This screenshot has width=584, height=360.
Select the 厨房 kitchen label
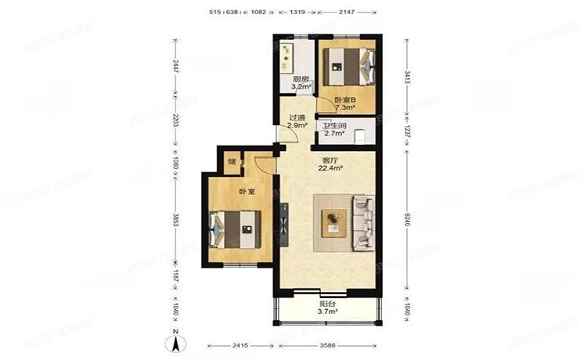tap(300, 79)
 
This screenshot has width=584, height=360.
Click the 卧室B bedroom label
tap(344, 99)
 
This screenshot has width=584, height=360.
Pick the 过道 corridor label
tap(294, 117)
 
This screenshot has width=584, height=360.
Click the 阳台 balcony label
tap(327, 304)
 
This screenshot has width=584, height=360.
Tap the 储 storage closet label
tap(232, 162)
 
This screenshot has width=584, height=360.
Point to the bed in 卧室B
tap(349, 67)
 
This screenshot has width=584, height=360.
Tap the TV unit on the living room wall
tap(283, 224)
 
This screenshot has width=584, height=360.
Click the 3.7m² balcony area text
tap(327, 312)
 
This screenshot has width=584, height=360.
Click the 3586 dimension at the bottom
tap(328, 344)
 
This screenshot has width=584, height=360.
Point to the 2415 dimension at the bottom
tap(239, 344)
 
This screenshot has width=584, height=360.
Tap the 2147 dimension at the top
tap(346, 13)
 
